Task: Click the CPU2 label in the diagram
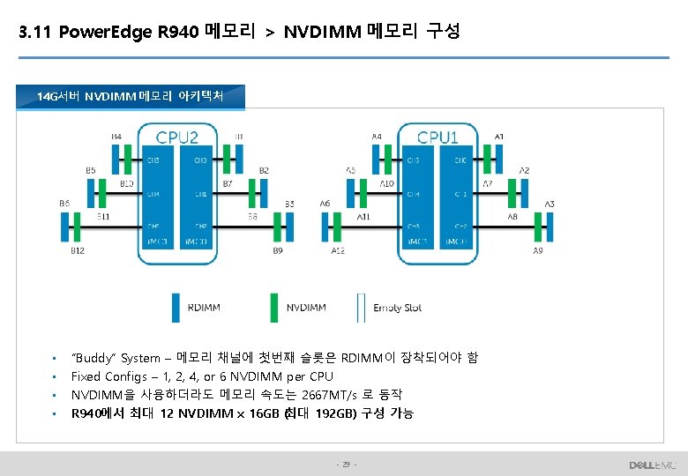(x=177, y=138)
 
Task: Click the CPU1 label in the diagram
(x=437, y=138)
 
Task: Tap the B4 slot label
(x=116, y=137)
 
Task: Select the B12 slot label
(x=78, y=251)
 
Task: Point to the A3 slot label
(x=549, y=205)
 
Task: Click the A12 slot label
(x=338, y=251)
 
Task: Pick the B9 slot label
(x=278, y=251)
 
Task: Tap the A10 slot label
(x=386, y=184)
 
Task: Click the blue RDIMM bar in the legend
(x=176, y=308)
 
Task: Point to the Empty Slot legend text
(x=397, y=308)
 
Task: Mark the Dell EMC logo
(x=651, y=465)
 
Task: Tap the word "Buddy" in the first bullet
(x=93, y=358)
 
